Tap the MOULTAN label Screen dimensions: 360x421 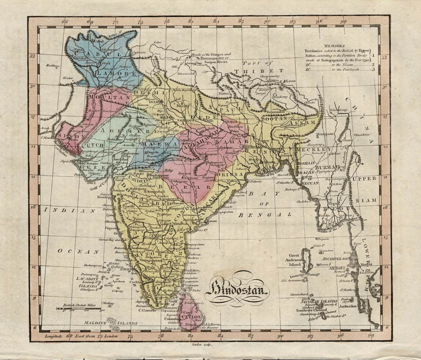[x=109, y=96]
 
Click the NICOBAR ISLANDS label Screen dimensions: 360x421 [x=320, y=301]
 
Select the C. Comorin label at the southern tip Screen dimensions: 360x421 [x=147, y=310]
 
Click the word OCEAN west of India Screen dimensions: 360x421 [x=78, y=251]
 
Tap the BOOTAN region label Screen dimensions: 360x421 [x=274, y=119]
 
